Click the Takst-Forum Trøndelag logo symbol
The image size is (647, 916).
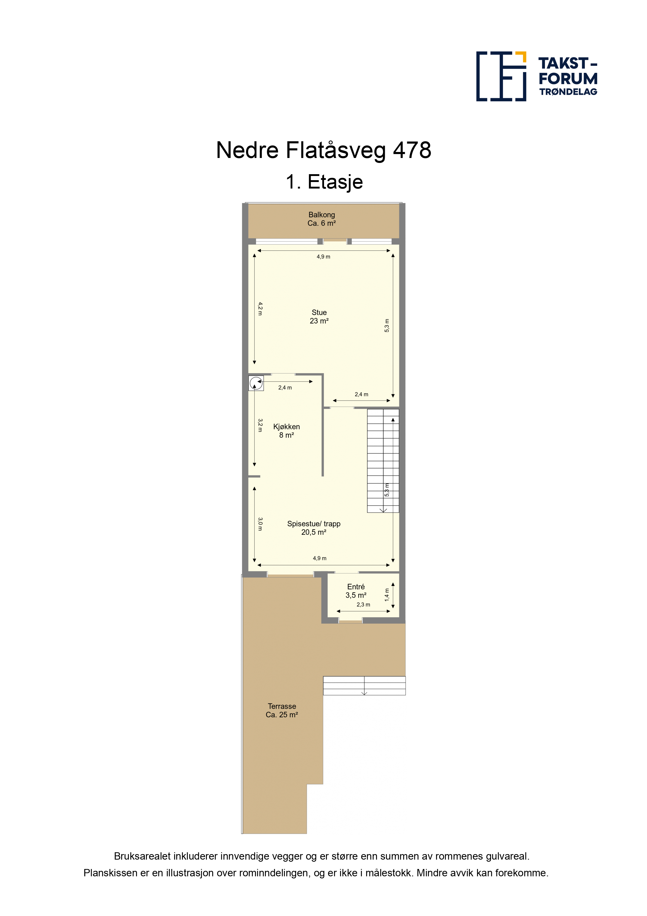tap(501, 76)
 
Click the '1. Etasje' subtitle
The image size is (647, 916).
tap(324, 182)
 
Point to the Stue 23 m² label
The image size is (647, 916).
tap(319, 317)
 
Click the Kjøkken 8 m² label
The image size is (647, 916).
tap(286, 431)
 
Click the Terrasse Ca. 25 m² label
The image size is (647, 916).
tap(282, 711)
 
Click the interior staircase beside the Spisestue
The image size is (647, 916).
tap(383, 461)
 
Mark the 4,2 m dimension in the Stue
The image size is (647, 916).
tap(260, 309)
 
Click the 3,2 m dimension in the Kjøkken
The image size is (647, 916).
tap(260, 425)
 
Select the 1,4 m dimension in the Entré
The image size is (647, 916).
tap(387, 595)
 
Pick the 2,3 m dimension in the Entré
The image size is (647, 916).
tap(363, 604)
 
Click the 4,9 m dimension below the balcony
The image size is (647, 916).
tap(323, 256)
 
